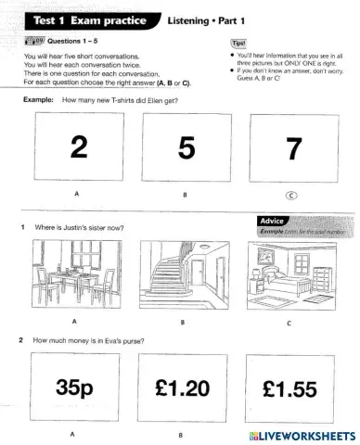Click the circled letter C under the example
click(290, 196)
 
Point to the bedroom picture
click(290, 274)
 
